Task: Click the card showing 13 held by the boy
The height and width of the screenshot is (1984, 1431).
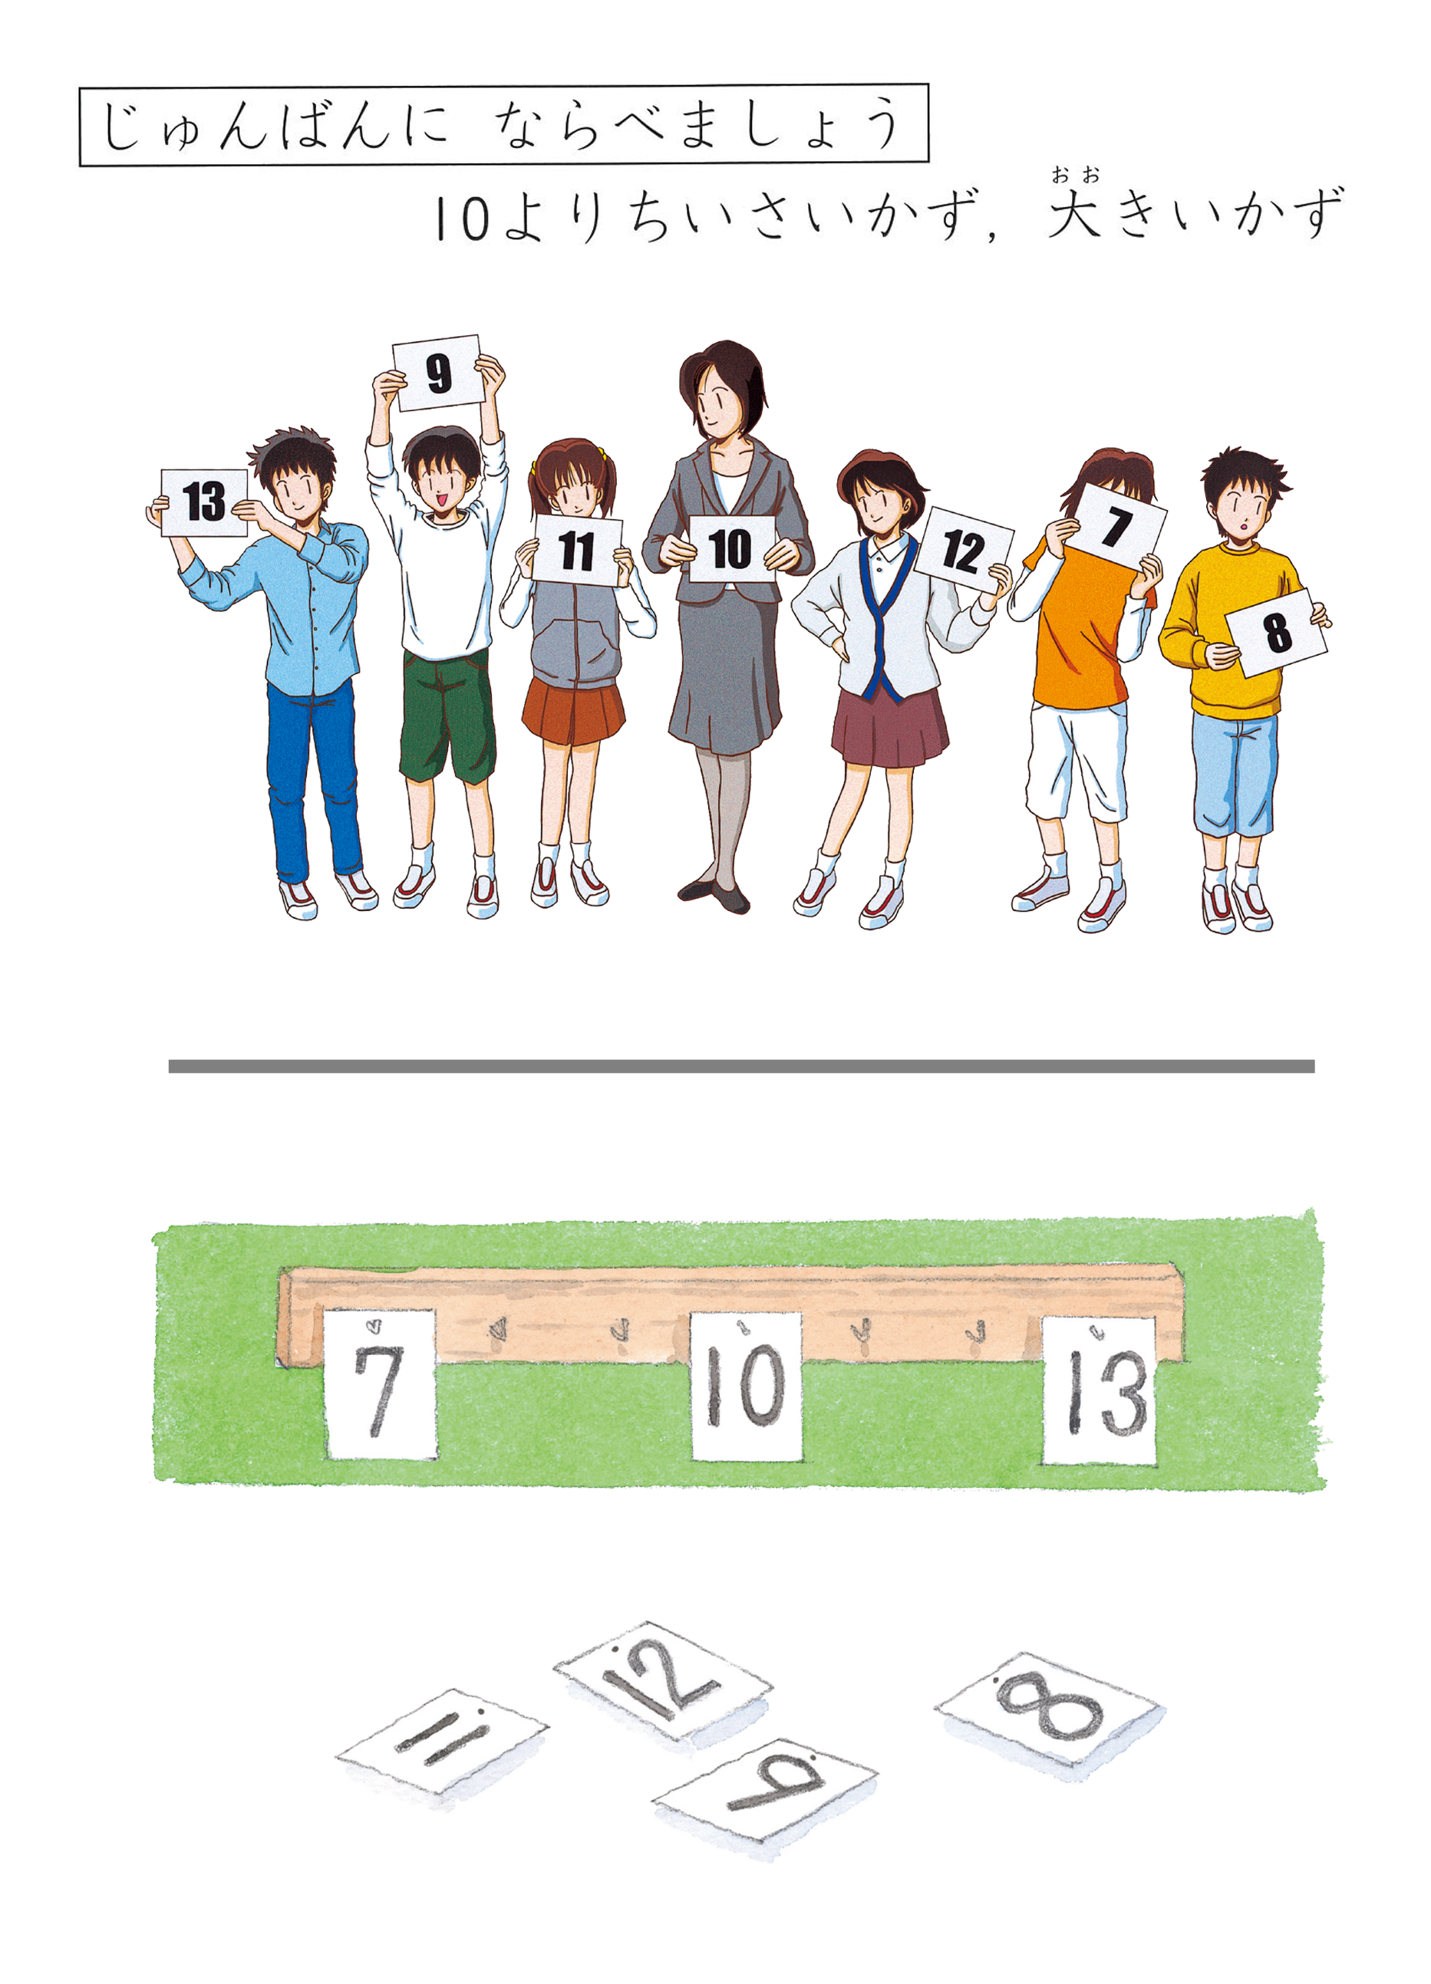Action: tap(204, 502)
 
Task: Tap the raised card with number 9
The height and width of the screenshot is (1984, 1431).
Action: tap(437, 373)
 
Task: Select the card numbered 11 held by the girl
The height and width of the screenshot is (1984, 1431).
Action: tap(576, 550)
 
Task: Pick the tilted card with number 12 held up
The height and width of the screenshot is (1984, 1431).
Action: tap(963, 550)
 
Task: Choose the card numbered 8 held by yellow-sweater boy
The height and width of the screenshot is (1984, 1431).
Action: tap(1276, 632)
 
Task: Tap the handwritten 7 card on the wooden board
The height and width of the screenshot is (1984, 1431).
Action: tap(380, 1383)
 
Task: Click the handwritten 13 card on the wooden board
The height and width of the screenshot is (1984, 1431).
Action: tap(1099, 1389)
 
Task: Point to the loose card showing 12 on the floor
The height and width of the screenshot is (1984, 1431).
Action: tap(662, 1680)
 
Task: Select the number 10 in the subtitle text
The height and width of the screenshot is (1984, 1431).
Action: tap(461, 218)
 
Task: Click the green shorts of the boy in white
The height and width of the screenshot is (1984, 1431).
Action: tap(447, 713)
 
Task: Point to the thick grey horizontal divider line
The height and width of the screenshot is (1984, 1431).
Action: tap(741, 1065)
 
